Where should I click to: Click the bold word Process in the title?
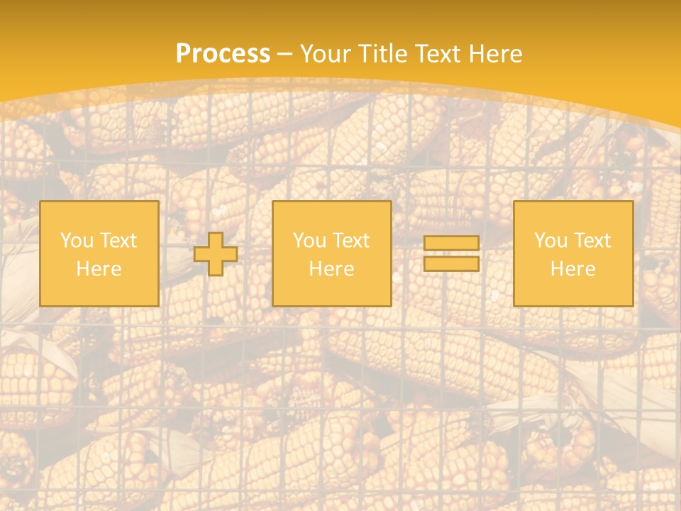point(223,54)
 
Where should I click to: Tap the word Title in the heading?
point(382,54)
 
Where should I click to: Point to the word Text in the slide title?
point(440,54)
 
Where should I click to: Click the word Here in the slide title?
point(497,54)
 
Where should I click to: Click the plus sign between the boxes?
point(216,254)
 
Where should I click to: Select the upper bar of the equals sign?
point(451,243)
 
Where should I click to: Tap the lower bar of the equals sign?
point(451,264)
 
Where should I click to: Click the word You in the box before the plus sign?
point(76,241)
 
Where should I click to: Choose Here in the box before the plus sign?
point(99,269)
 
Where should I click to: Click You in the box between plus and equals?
point(309,241)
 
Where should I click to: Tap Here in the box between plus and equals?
point(331,269)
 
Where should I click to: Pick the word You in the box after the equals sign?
point(550,241)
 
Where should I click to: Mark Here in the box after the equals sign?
point(572,269)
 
